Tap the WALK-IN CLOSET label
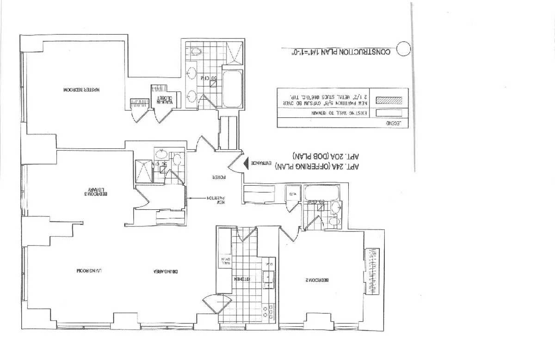[166, 100]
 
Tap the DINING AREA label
[166, 271]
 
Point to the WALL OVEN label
[226, 261]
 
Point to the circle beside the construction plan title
[404, 49]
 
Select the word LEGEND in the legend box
[393, 124]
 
